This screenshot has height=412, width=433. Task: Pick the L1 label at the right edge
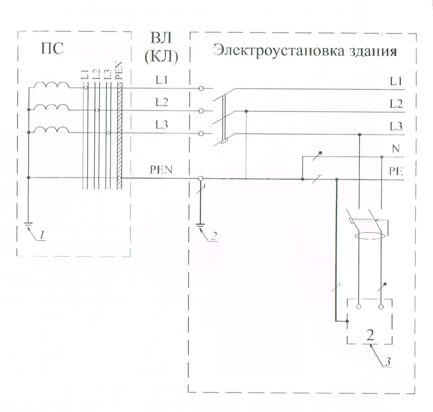click(x=396, y=82)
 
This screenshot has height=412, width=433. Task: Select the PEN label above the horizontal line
click(x=161, y=171)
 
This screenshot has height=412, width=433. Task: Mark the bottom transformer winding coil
click(x=52, y=130)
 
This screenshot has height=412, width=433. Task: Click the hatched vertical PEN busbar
click(x=120, y=135)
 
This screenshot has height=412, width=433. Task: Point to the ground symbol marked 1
click(x=28, y=224)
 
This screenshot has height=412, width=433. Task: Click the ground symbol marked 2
click(x=201, y=225)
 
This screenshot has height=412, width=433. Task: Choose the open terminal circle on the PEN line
click(x=201, y=178)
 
